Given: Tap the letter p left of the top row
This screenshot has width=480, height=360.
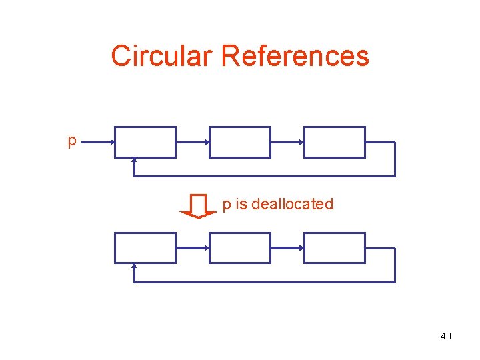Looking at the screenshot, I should coord(72,141).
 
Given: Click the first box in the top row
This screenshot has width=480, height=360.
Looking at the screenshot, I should coord(145,142).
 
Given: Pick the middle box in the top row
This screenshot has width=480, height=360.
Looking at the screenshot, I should coord(240,142).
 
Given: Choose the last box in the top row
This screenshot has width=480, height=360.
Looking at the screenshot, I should coord(335,142).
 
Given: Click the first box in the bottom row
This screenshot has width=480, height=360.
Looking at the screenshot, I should coord(145,248).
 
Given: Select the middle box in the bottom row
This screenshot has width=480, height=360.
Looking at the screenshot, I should coord(240,248).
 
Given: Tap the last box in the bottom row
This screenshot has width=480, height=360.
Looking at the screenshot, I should coord(335,248).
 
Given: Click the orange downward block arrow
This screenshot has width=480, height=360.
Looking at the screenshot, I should coord(199,205).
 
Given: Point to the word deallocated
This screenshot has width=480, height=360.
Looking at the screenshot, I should coord(292,204).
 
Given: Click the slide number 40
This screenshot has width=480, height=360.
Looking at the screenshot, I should coord(445,336).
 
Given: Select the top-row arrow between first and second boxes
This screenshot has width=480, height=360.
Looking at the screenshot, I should coord(193,142).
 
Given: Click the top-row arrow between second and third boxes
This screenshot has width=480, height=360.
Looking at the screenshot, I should coord(287,142).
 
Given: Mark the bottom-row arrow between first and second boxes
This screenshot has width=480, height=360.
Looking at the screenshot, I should coord(193,248).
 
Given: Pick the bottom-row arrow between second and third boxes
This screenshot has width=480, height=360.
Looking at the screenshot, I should coord(287,248).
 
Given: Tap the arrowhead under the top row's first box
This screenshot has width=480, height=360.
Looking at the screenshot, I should coord(135,161).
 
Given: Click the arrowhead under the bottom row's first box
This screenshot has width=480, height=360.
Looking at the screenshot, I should coord(135,267).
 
